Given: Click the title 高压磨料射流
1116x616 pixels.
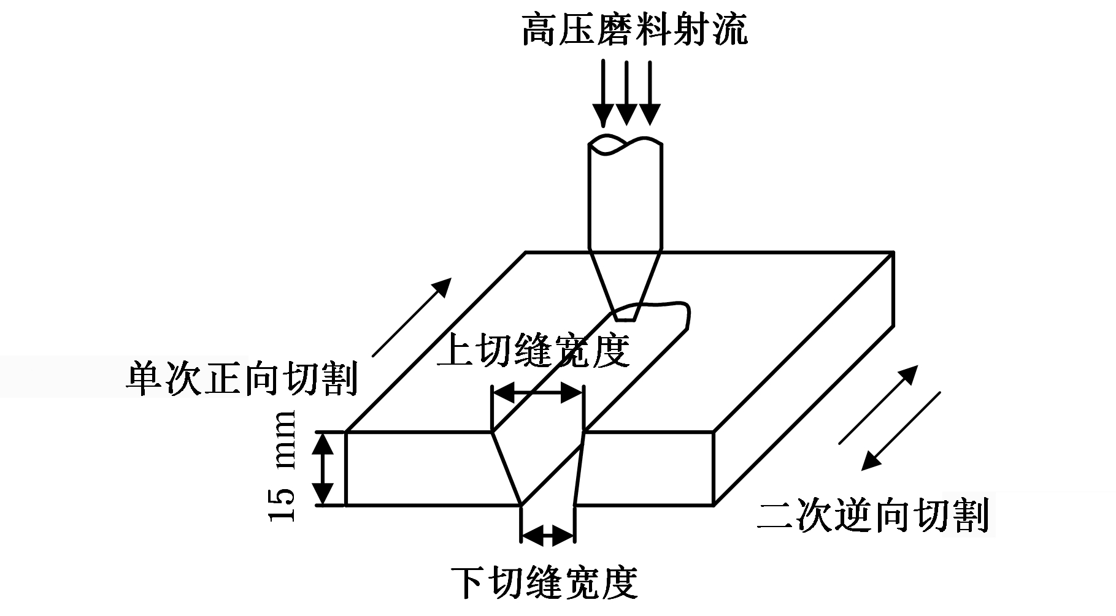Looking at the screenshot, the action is (635, 29).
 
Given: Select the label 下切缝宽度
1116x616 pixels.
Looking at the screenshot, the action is (544, 582).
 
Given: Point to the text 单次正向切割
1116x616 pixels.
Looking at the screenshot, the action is (241, 378).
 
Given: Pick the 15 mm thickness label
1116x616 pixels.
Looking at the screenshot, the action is (283, 466).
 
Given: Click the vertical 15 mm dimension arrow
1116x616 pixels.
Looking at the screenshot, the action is (323, 469).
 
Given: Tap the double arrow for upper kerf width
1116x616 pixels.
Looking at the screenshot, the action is (537, 393).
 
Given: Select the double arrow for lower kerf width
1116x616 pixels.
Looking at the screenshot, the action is (547, 535).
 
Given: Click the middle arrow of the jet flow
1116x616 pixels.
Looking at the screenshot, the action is (626, 92).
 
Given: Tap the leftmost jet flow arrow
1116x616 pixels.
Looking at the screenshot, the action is (604, 92).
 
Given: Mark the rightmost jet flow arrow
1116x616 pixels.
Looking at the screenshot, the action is (650, 92).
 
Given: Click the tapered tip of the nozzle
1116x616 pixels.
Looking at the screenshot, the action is (626, 285).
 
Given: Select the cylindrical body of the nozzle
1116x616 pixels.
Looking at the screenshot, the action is (625, 196).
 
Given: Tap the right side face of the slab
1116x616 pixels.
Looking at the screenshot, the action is (802, 379).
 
